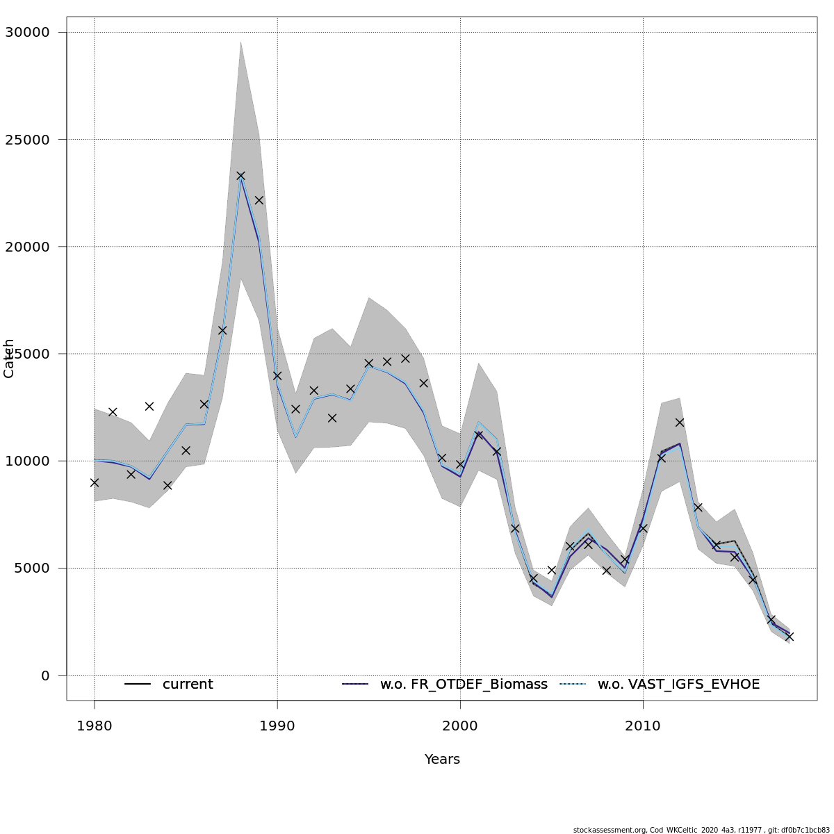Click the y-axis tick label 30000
click(26, 32)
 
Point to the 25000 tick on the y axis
click(26, 139)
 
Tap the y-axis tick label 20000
click(26, 247)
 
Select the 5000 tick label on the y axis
click(31, 568)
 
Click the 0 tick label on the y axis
click(45, 676)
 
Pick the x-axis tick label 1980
click(95, 726)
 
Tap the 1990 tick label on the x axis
click(277, 726)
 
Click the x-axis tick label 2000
click(460, 726)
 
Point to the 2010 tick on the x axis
click(643, 726)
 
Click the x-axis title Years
click(442, 760)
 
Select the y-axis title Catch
click(9, 359)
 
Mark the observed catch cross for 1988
click(240, 176)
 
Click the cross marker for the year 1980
click(95, 482)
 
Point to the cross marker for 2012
click(680, 423)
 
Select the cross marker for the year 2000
click(460, 464)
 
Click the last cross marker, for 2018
click(790, 637)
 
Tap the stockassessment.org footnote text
click(701, 830)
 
